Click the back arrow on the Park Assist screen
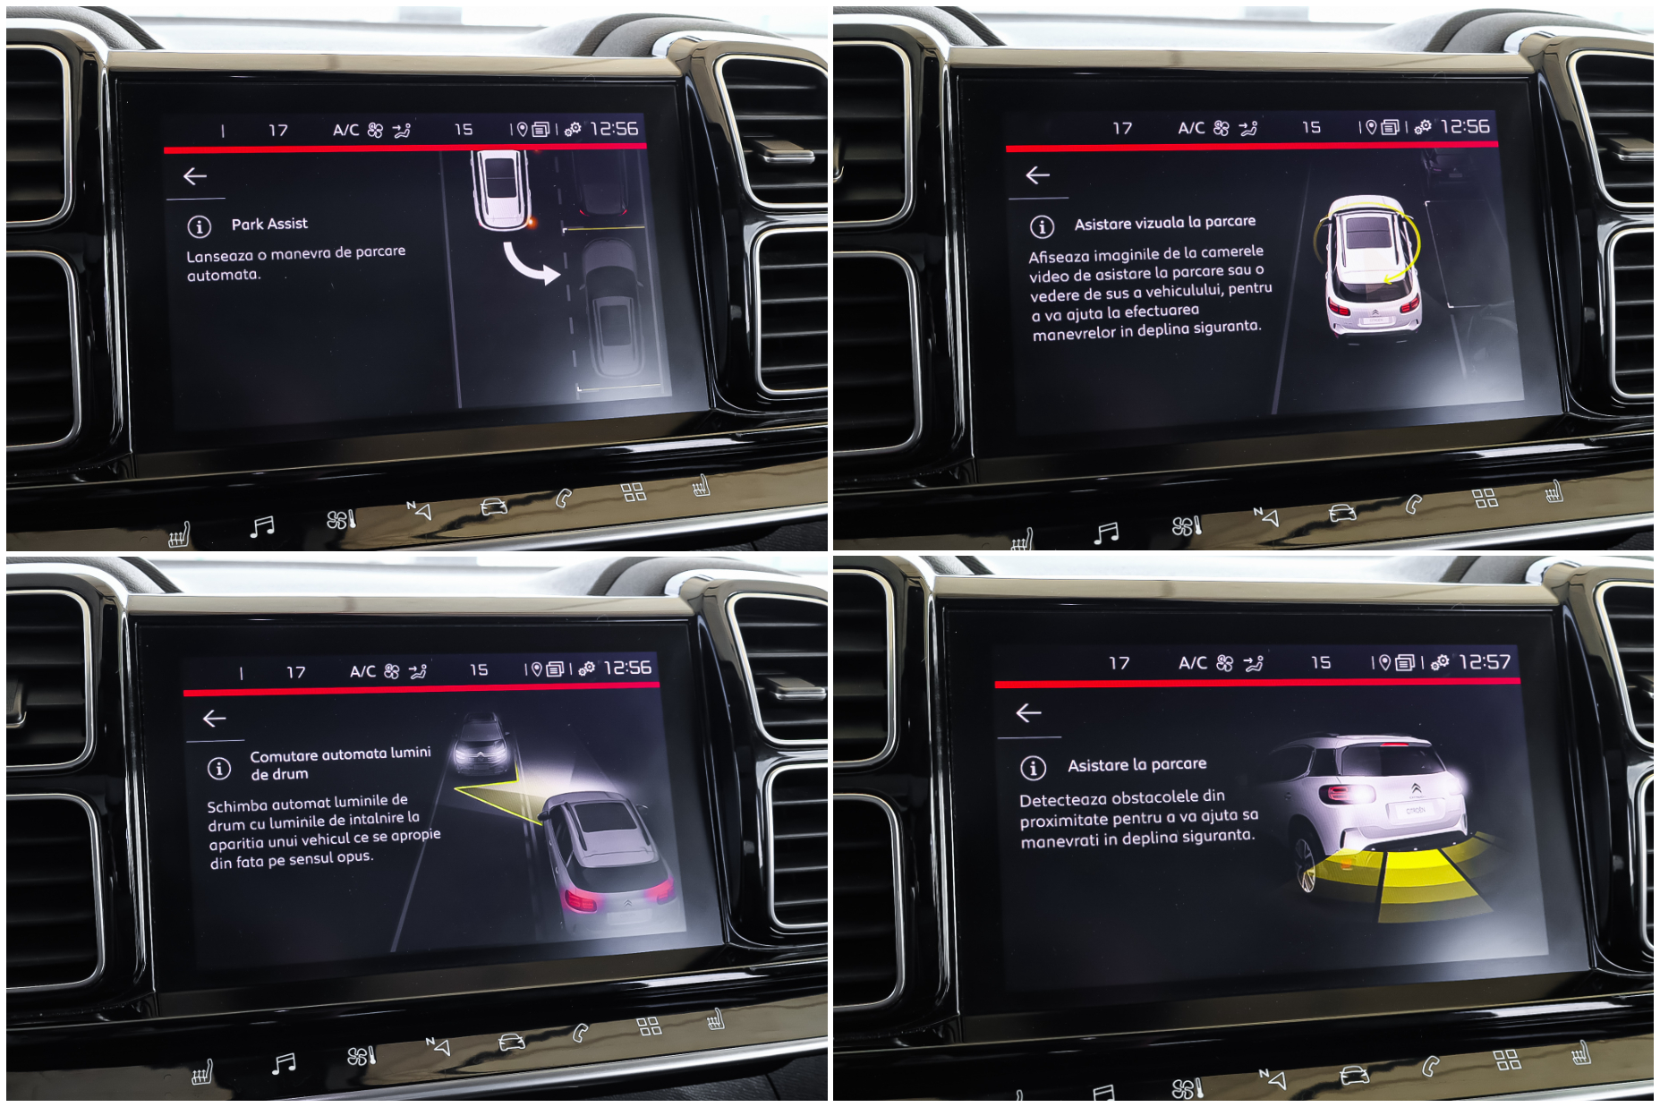pos(195,176)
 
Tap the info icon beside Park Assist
pos(199,226)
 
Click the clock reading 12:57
pos(1485,662)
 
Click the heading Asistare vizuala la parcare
pos(1164,223)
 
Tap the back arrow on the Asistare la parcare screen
pos(1029,712)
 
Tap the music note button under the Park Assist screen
pos(262,526)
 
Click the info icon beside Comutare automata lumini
pos(219,768)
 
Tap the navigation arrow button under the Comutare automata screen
pos(438,1044)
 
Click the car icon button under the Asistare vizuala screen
pos(1341,513)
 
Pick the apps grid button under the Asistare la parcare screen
pos(1507,1059)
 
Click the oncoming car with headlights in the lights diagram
pos(482,742)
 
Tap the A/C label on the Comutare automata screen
pos(362,671)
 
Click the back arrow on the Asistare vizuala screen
pos(1037,175)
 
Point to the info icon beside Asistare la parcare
pos(1033,768)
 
